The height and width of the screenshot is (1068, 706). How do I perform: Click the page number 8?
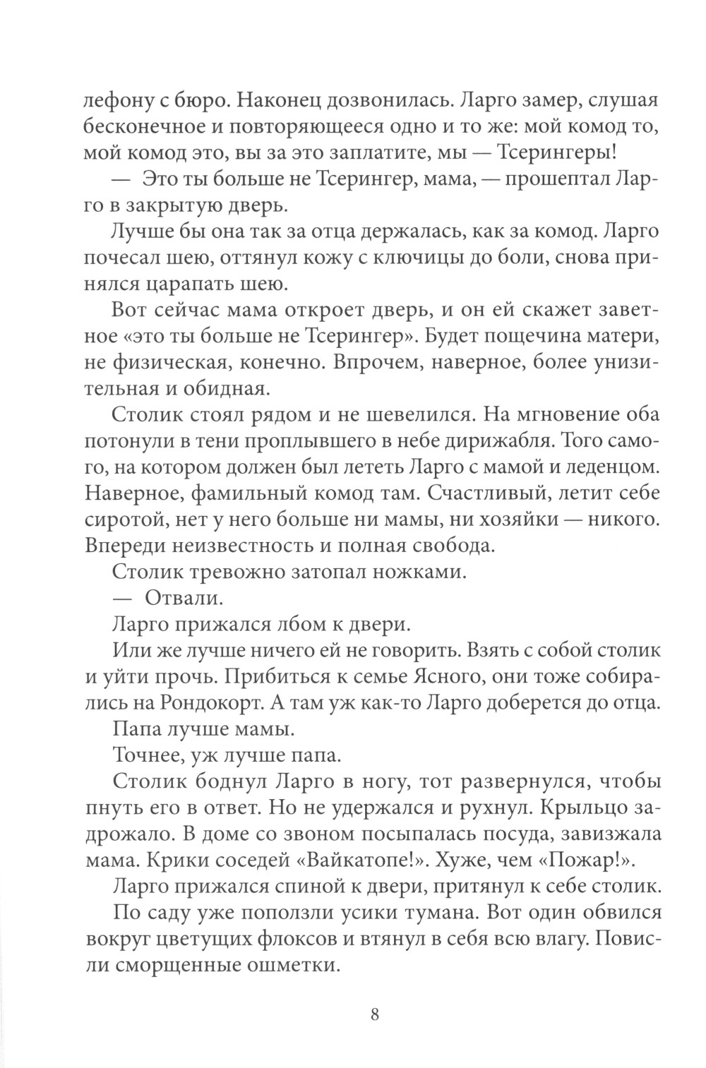[375, 1015]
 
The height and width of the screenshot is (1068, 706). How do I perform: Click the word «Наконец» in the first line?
[276, 100]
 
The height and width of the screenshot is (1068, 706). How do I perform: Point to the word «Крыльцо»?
[597, 807]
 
